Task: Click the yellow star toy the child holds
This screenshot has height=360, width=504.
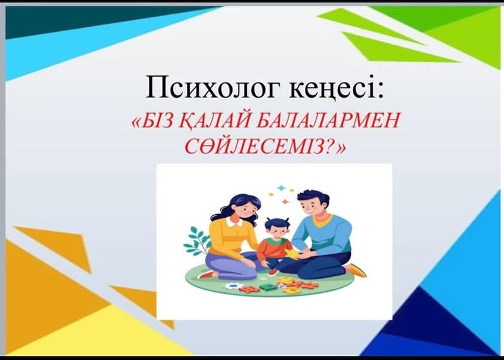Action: tap(293, 254)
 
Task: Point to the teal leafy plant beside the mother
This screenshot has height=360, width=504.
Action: tap(196, 241)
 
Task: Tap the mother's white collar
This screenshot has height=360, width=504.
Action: tap(234, 222)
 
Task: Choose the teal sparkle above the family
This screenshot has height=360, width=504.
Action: tap(282, 188)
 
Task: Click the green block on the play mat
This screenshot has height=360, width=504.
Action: tap(267, 286)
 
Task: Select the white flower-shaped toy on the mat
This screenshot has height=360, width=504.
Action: tap(233, 286)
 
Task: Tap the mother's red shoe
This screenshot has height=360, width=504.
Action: tap(207, 275)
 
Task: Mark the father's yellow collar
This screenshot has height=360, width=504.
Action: tap(322, 221)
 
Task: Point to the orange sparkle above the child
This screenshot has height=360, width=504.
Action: tap(285, 202)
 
